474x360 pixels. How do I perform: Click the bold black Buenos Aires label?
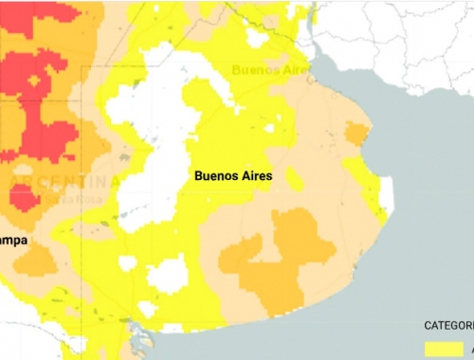pos(232,176)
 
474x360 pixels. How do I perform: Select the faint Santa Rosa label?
pos(68,198)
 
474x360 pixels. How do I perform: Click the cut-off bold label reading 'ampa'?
pos(14,241)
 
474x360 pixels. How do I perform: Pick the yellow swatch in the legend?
pos(443,349)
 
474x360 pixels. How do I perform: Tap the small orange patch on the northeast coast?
pos(355,134)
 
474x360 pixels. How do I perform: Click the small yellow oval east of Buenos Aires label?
pos(296,179)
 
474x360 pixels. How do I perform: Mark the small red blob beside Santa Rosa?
pos(21,197)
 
